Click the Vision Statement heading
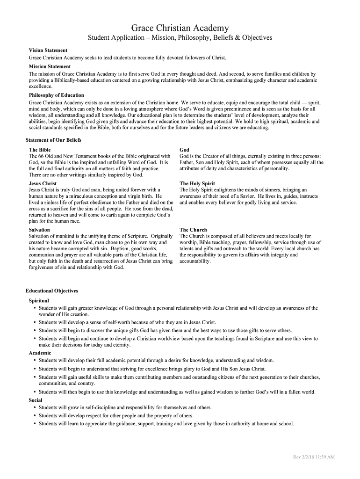tap(48, 50)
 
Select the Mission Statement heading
tap(50, 66)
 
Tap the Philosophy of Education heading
tap(57, 95)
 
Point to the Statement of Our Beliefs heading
tap(53, 140)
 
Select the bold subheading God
tap(184, 150)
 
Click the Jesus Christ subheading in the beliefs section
tap(43, 183)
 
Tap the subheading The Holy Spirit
tap(197, 183)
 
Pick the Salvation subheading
tap(39, 230)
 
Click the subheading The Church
tap(193, 230)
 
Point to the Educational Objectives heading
tap(52, 290)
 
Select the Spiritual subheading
tap(39, 300)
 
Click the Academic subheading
tap(40, 353)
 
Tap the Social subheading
tap(36, 400)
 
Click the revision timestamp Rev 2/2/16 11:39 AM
tap(313, 457)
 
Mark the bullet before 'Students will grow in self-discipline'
tap(35, 407)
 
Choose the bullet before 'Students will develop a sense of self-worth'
tap(35, 322)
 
